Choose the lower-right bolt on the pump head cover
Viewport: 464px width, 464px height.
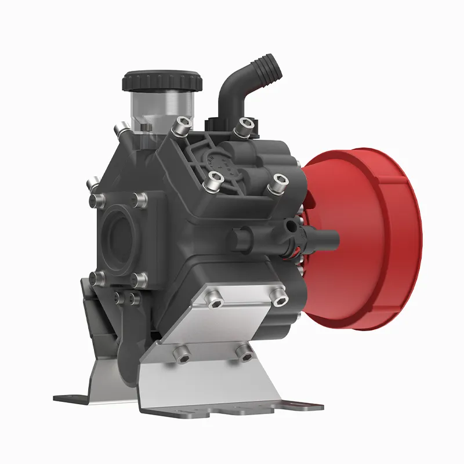click(279, 180)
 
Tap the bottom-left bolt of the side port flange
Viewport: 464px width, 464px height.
click(97, 277)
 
